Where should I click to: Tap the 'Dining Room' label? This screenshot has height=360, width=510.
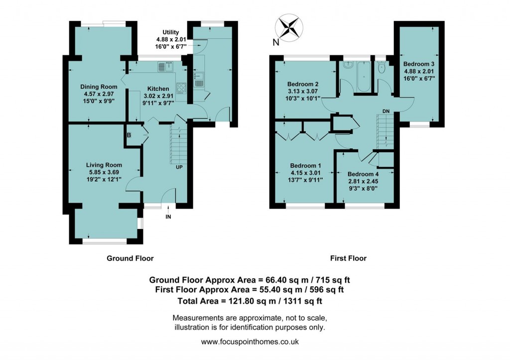(x=99, y=87)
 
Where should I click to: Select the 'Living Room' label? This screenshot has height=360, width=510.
(x=104, y=165)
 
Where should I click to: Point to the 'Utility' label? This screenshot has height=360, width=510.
(x=170, y=32)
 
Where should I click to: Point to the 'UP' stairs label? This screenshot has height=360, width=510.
(x=178, y=167)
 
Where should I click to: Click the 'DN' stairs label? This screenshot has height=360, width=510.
(x=385, y=111)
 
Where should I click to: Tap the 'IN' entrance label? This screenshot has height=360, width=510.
(x=168, y=217)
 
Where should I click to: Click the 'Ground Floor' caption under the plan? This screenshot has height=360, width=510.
(x=130, y=258)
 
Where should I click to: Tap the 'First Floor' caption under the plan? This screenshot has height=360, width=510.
(x=348, y=258)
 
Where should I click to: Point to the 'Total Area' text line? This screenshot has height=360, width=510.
(x=253, y=301)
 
